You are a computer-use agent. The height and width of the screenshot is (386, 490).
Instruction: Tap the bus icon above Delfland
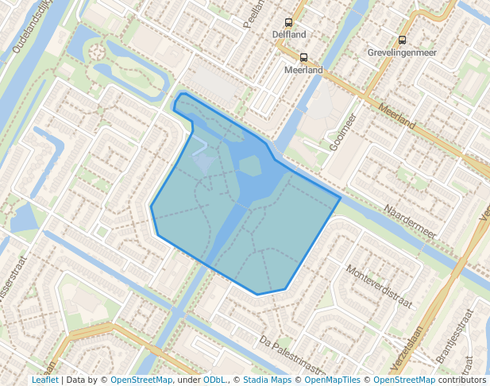pyautogui.click(x=287, y=23)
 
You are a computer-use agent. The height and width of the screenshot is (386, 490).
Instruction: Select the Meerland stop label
pyautogui.click(x=303, y=70)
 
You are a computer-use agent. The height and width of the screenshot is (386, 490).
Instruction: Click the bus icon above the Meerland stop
pyautogui.click(x=303, y=57)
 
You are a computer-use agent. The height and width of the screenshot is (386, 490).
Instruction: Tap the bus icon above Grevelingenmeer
pyautogui.click(x=402, y=40)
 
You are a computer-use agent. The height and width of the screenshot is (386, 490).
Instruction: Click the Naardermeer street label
pyautogui.click(x=411, y=222)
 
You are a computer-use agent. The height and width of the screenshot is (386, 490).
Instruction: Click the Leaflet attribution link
pyautogui.click(x=44, y=380)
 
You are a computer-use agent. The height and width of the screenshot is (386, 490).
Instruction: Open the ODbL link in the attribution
pyautogui.click(x=214, y=380)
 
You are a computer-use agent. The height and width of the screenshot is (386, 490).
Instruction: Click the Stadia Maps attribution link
pyautogui.click(x=267, y=380)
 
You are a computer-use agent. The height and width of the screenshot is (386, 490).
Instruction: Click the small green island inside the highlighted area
pyautogui.click(x=250, y=166)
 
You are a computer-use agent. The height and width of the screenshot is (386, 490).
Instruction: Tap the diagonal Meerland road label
pyautogui.click(x=397, y=116)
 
